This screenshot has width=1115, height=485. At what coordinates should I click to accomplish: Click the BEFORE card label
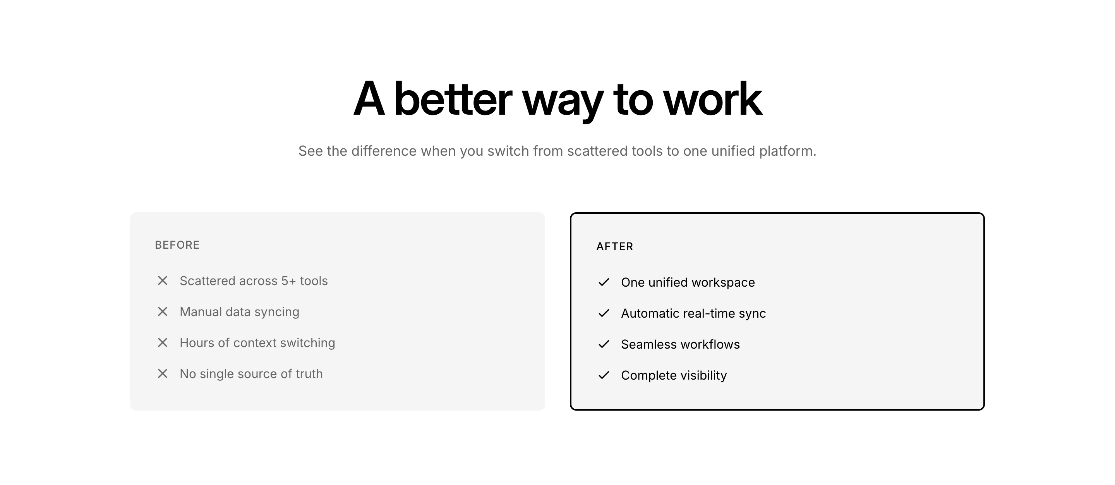tap(177, 245)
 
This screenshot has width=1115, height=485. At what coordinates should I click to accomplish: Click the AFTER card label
tap(615, 247)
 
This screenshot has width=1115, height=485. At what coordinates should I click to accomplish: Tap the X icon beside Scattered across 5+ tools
tap(162, 280)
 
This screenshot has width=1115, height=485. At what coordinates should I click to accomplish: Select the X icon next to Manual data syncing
tap(162, 312)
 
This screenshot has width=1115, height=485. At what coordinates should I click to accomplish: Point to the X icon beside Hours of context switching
tap(162, 342)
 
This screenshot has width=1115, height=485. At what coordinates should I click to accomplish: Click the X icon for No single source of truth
tap(162, 374)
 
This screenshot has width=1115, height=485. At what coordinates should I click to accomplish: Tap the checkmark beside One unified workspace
tap(604, 282)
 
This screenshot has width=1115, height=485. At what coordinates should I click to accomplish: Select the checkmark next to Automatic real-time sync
tap(604, 313)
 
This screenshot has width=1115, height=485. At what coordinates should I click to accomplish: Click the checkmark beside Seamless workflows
tap(604, 344)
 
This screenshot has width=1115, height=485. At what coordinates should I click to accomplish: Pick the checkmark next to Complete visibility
tap(604, 375)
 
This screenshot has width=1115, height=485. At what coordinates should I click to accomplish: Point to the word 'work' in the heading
tap(712, 99)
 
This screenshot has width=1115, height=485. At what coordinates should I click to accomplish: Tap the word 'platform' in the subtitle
tap(788, 151)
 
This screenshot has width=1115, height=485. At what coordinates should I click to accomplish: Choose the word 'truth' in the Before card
tap(309, 374)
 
